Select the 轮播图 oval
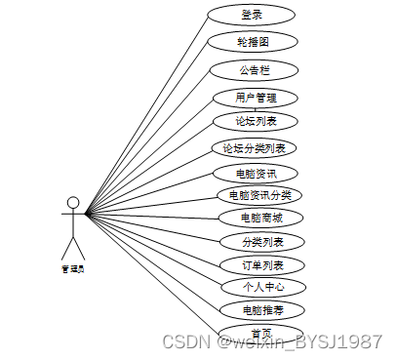coord(252,42)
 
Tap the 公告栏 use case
coord(252,70)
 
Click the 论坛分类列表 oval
coord(254,148)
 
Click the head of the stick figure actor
coord(71,204)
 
